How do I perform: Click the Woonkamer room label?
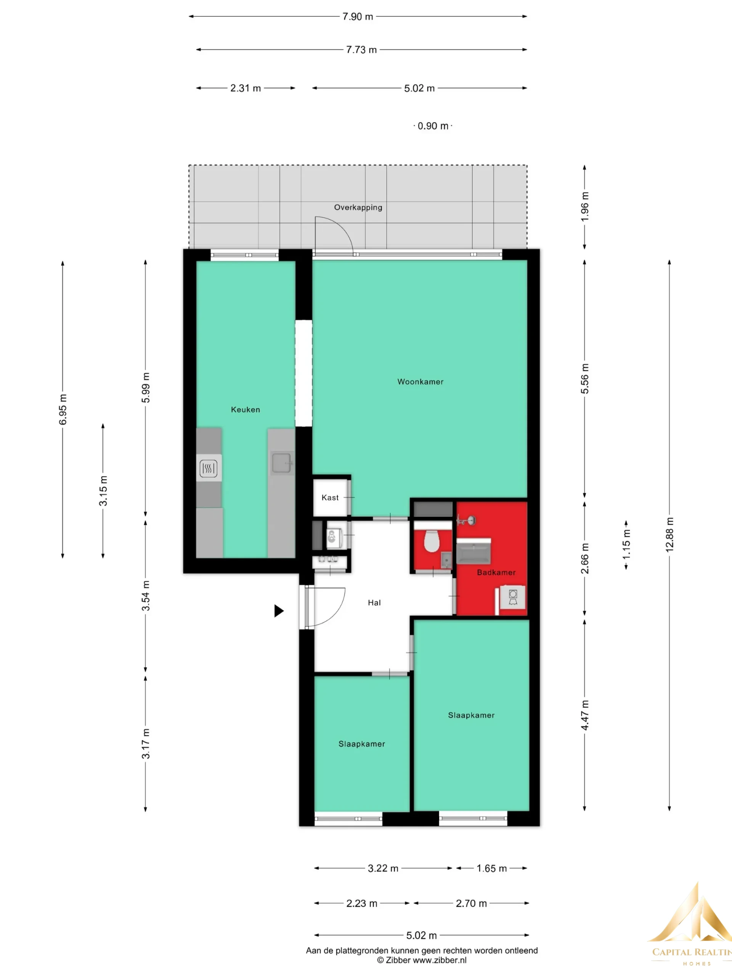(x=420, y=382)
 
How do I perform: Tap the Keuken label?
(x=245, y=409)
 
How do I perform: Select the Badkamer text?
(x=496, y=572)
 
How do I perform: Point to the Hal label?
(x=374, y=603)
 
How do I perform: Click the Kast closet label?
(x=330, y=498)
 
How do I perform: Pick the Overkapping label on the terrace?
(x=358, y=207)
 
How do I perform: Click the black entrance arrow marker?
(x=279, y=611)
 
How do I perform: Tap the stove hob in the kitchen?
(x=208, y=468)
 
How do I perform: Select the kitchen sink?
(x=281, y=463)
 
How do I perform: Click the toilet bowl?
(x=432, y=541)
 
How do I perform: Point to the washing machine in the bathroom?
(x=513, y=598)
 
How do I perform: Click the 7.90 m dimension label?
(x=358, y=17)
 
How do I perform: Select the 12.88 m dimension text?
(x=669, y=535)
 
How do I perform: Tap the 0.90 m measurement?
(x=433, y=126)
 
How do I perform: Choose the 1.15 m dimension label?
(x=626, y=544)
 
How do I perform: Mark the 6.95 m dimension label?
(x=63, y=410)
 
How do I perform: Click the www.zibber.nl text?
(x=439, y=960)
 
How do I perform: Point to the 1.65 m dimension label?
(x=491, y=868)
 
